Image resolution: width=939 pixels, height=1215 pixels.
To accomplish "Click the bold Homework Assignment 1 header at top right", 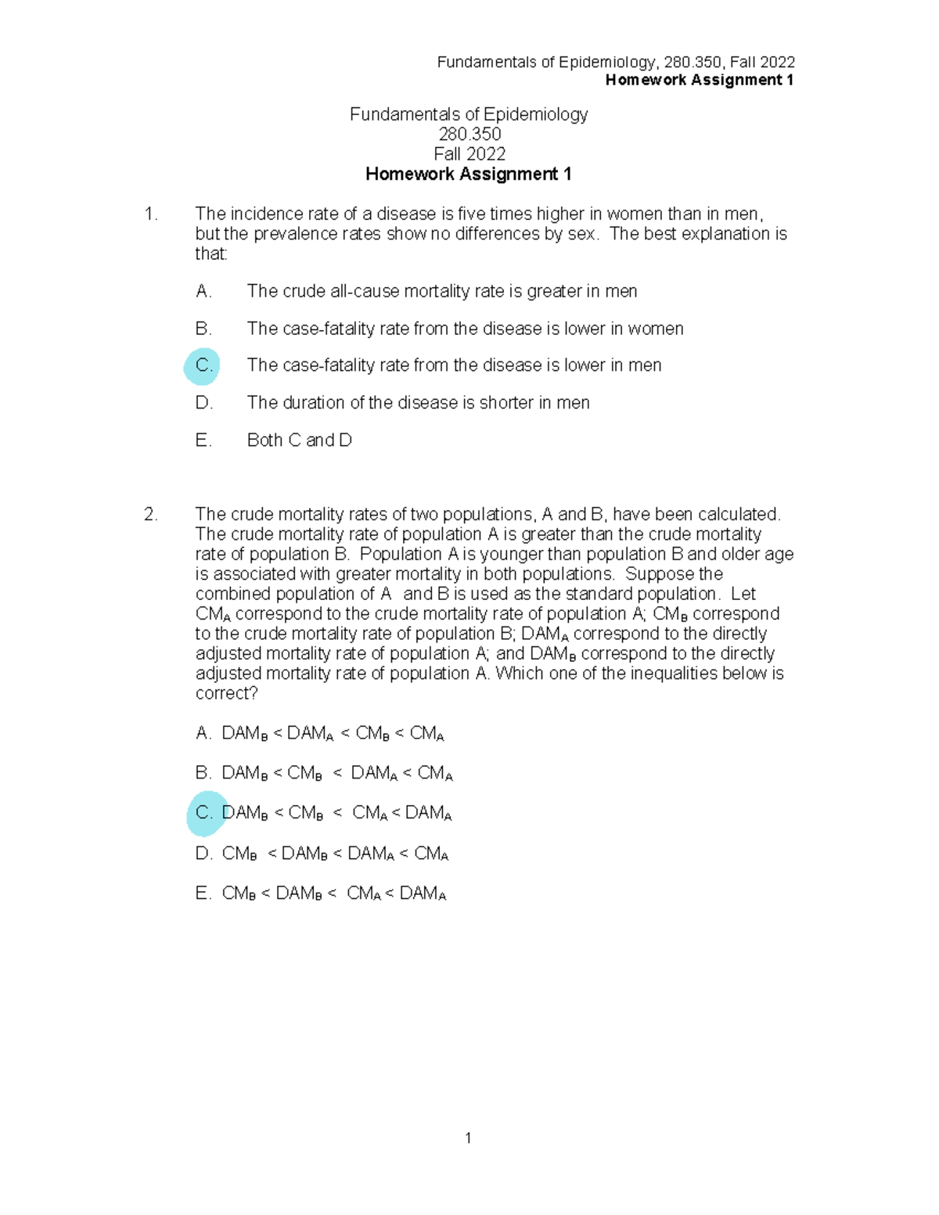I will pyautogui.click(x=700, y=81).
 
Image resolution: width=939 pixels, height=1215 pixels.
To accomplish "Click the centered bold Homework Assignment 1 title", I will pyautogui.click(x=468, y=174).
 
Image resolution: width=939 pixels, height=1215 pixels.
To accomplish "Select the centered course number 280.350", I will pyautogui.click(x=469, y=135).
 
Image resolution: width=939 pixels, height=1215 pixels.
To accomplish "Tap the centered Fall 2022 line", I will pyautogui.click(x=469, y=154).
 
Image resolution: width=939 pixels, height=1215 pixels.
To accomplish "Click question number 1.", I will pyautogui.click(x=151, y=214).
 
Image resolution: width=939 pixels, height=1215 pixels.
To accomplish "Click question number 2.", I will pyautogui.click(x=151, y=515).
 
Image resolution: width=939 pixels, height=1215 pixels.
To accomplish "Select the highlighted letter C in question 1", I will pyautogui.click(x=203, y=365).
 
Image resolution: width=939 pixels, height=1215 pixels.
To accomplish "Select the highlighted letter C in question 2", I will pyautogui.click(x=204, y=813).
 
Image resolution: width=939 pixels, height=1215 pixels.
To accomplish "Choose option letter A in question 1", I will pyautogui.click(x=203, y=292).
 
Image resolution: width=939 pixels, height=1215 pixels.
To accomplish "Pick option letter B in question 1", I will pyautogui.click(x=203, y=329).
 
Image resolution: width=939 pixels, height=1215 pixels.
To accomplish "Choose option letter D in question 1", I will pyautogui.click(x=203, y=403).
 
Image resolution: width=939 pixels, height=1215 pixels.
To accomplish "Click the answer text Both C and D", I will pyautogui.click(x=299, y=440).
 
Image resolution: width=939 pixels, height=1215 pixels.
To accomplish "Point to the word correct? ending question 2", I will pyautogui.click(x=226, y=694).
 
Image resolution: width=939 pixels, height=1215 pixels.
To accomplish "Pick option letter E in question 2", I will pyautogui.click(x=203, y=893).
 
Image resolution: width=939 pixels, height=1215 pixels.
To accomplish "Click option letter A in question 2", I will pyautogui.click(x=203, y=734).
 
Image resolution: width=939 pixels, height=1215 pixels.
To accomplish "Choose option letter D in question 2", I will pyautogui.click(x=203, y=854).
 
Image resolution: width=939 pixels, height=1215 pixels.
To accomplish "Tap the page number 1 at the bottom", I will pyautogui.click(x=468, y=1138).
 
